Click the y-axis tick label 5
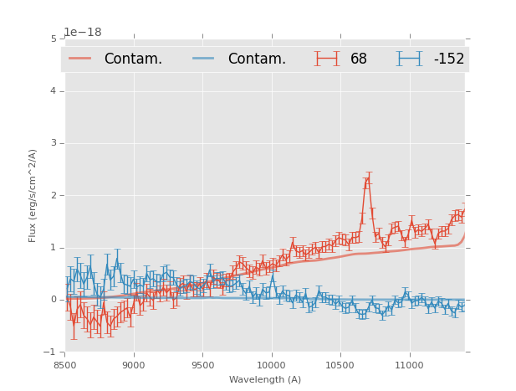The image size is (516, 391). coord(54,39)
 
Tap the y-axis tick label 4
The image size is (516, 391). coord(54,91)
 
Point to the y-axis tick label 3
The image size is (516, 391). coord(54,143)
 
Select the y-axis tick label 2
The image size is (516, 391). coord(54,195)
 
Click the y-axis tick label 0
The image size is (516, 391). coord(54,300)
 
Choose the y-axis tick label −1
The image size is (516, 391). coord(50,352)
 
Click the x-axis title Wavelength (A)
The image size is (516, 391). coord(264,380)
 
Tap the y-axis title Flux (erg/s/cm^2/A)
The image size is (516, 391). coord(33,195)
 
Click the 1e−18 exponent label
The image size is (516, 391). coord(83,33)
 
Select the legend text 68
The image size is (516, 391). coord(358,59)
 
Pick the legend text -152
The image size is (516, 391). coord(448,59)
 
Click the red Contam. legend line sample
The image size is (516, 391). coord(80,59)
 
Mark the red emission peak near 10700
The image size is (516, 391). coord(368,178)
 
